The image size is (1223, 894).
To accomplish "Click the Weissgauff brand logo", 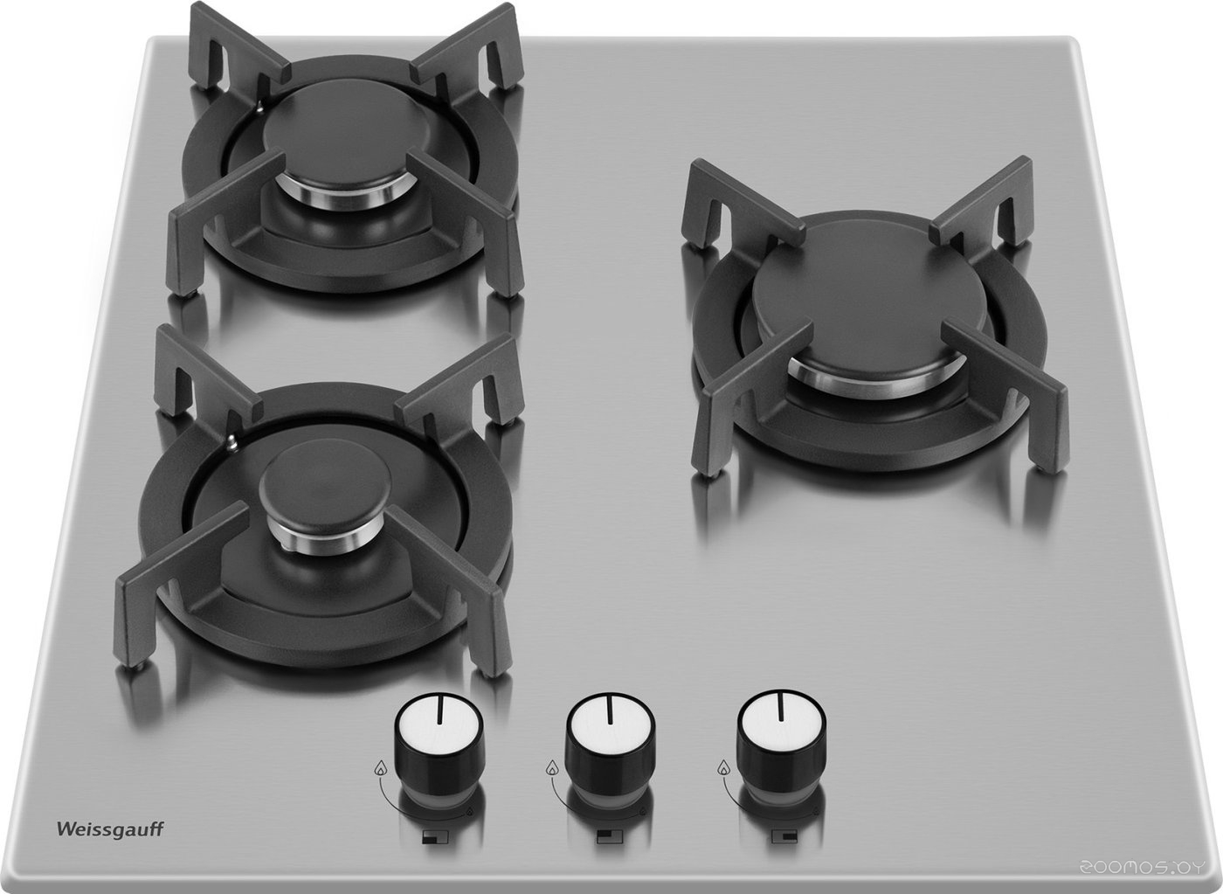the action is tap(110, 829).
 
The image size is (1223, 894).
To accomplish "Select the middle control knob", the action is tap(610, 745).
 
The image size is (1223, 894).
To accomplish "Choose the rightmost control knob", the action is tap(781, 743).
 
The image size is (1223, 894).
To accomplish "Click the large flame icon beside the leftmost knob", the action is tap(380, 768).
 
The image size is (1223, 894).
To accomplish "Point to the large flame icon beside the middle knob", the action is tap(552, 768).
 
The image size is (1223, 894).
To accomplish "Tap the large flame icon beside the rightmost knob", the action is tap(724, 768).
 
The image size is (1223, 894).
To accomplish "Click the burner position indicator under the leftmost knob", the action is tap(435, 837).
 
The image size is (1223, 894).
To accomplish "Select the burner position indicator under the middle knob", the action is tap(610, 837).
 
